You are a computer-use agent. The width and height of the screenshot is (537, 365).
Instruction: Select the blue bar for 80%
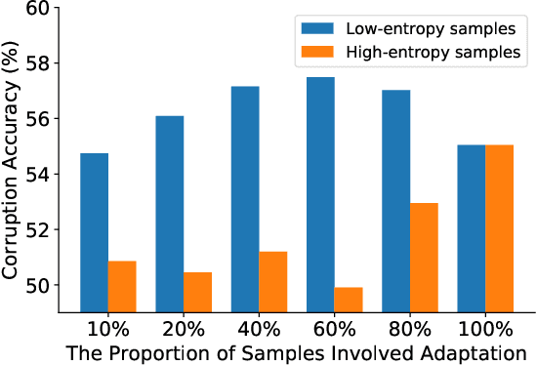coord(395,201)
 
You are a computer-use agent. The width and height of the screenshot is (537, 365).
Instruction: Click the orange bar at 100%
coord(499,228)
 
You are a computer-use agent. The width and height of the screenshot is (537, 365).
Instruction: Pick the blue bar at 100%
coord(471,228)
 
